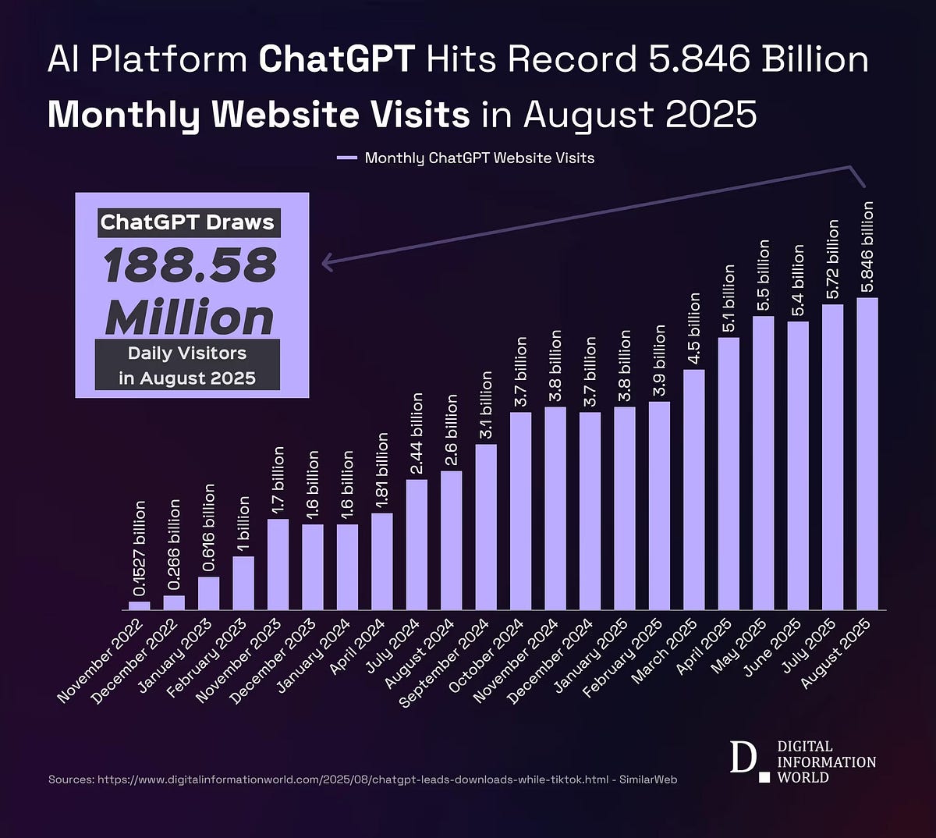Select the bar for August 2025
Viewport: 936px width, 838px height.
pos(867,453)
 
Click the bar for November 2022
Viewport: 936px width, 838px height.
pos(139,605)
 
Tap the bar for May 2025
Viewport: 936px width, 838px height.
pos(763,462)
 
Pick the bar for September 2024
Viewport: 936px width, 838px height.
pos(486,527)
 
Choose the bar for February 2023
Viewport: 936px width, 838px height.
pos(243,582)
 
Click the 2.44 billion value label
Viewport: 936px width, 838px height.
pos(417,434)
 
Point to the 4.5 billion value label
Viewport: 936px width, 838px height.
pos(694,326)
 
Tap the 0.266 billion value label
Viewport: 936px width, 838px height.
pos(174,544)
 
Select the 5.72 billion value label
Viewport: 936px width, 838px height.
pos(832,258)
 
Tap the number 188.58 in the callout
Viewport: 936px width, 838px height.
pos(190,266)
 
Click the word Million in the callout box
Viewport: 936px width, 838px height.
pos(190,318)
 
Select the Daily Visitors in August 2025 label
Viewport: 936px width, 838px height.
pos(187,365)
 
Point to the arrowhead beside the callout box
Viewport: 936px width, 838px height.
pos(328,263)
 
